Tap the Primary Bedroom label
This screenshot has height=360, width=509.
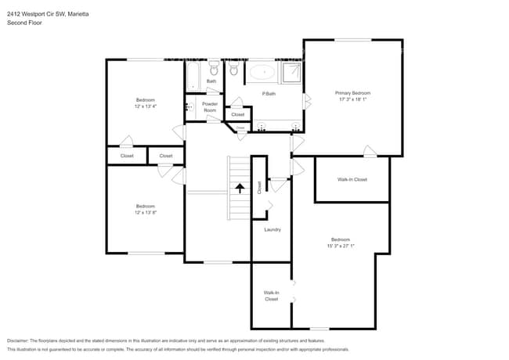coord(353,92)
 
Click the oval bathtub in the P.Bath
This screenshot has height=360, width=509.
coord(263,74)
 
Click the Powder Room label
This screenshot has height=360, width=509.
coord(210,107)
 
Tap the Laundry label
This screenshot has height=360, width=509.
coord(273,229)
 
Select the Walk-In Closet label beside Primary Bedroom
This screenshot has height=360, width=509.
coord(352,179)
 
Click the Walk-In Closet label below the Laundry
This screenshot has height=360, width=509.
coord(271,295)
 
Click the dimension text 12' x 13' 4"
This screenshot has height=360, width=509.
coord(145,107)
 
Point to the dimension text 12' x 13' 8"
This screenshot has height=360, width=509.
coord(145,213)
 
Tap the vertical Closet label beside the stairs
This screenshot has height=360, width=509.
coord(259,187)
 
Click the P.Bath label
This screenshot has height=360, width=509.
coord(269,94)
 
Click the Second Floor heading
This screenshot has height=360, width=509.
coord(24,23)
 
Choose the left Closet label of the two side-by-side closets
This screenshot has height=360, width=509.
coord(127,156)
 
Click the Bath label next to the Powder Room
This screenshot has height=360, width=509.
coord(211,81)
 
